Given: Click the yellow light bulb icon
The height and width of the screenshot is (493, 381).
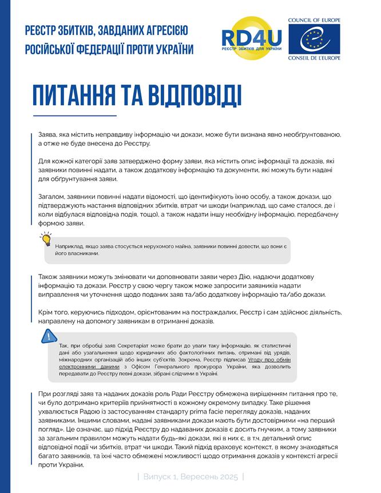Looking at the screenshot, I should [x=47, y=241].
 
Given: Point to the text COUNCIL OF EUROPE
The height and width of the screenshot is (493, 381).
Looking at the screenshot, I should [x=322, y=20].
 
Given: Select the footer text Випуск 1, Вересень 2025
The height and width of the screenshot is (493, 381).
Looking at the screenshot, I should [x=190, y=476].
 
